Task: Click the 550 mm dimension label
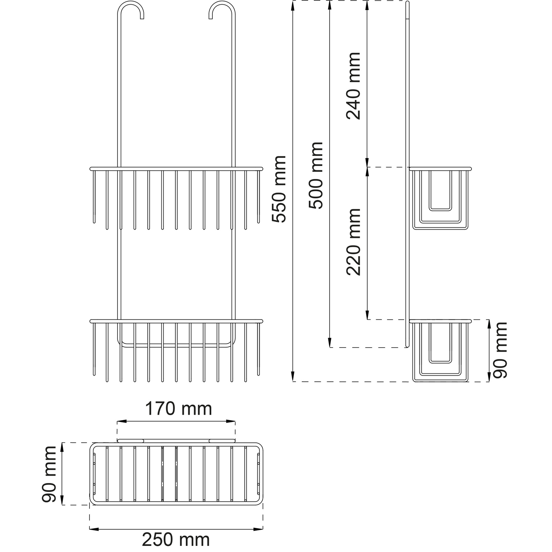(279, 189)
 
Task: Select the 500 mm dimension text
(316, 175)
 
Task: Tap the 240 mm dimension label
(353, 86)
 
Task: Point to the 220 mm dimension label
(353, 242)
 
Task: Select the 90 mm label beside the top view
(49, 474)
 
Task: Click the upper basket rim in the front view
(176, 169)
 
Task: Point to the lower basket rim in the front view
(176, 321)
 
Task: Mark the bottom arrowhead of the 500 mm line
(330, 342)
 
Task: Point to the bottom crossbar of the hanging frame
(176, 346)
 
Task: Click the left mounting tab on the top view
(130, 441)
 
